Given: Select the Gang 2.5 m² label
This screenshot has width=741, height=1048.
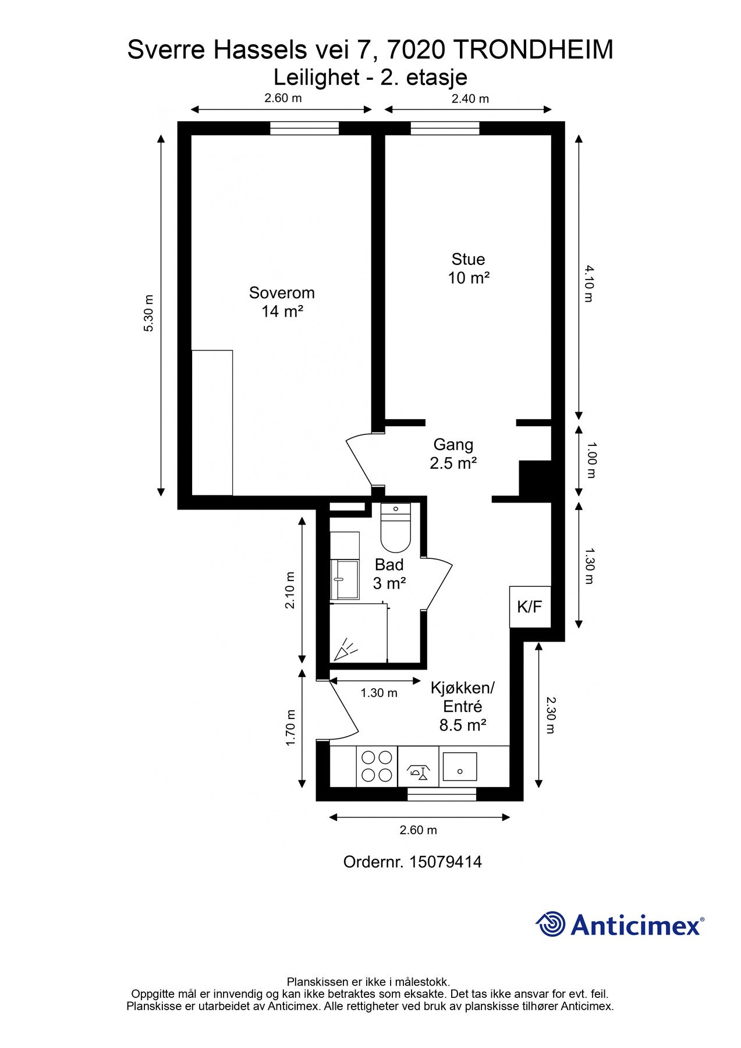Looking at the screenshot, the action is (x=453, y=454).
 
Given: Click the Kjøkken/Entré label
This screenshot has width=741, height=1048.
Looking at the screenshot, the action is (x=462, y=706).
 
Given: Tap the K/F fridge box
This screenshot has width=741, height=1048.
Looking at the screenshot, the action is (x=530, y=607).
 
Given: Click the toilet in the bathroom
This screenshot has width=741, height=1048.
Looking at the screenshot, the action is (x=395, y=527).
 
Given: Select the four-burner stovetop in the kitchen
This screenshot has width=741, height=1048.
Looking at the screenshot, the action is (x=377, y=766).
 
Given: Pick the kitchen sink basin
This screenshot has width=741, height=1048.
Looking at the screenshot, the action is (x=460, y=767).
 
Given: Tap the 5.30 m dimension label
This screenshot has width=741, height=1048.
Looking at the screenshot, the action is (x=149, y=313).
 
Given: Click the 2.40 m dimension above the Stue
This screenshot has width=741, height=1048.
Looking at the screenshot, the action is (x=470, y=99).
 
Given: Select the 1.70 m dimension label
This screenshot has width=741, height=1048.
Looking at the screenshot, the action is (x=291, y=727).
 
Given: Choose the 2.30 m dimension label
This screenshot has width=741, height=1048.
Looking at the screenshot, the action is (x=551, y=715).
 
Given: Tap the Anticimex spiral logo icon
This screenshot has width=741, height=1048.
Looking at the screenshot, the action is (x=551, y=924).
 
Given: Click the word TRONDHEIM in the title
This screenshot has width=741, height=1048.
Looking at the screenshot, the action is (x=533, y=50).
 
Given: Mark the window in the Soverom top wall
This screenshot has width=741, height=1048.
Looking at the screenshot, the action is (x=304, y=128).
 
